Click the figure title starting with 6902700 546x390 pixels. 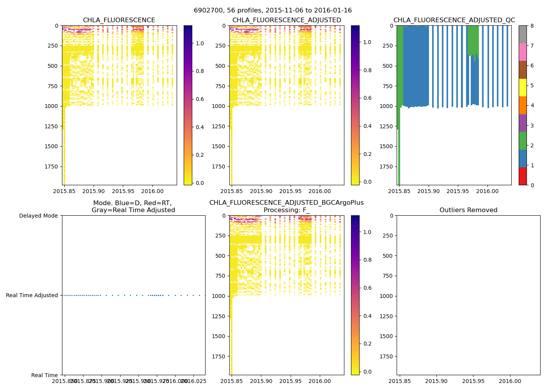click(273, 11)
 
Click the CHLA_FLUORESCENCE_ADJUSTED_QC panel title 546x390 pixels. click(454, 20)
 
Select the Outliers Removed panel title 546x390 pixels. click(468, 210)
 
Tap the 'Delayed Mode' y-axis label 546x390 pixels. click(38, 216)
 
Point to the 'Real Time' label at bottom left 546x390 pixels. click(44, 375)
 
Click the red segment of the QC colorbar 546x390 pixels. click(523, 176)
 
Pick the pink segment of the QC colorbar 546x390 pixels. click(523, 52)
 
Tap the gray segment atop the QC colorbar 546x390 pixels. click(523, 34)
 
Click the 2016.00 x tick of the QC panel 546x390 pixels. click(487, 191)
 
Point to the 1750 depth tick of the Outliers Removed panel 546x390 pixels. click(386, 356)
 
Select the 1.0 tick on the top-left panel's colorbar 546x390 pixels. click(200, 43)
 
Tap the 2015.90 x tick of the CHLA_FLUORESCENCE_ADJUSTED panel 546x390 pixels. click(261, 191)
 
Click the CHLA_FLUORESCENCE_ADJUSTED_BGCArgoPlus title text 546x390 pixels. click(286, 203)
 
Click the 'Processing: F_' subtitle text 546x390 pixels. click(286, 210)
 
